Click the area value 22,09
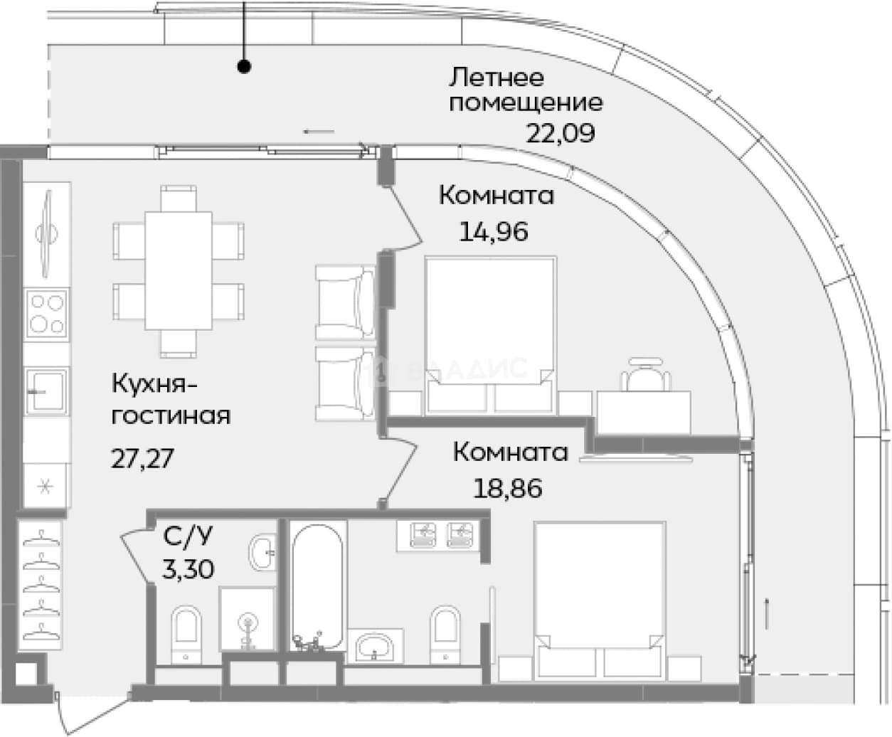pos(560,133)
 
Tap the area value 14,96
pos(494,232)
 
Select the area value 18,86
pos(507,488)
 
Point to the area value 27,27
pos(142,458)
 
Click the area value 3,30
pos(188,569)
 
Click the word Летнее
pos(497,78)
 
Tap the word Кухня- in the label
pos(154,383)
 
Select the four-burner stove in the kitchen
pos(46,314)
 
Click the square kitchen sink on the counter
pos(46,391)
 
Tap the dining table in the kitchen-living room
pos(178,271)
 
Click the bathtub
pos(317,586)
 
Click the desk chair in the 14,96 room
pos(645,375)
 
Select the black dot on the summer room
pos(244,67)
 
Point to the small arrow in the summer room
pos(319,132)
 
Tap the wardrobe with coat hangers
pos(41,585)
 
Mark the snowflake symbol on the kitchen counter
pos(44,487)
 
